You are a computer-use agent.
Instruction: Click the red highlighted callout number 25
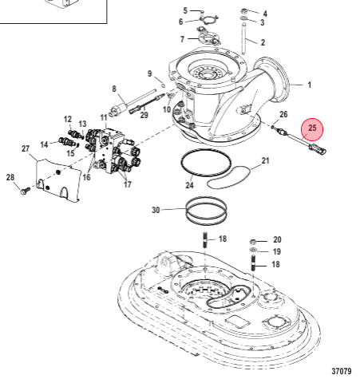pos(312,127)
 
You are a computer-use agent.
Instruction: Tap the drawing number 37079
pos(342,370)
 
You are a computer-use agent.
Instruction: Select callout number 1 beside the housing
pos(310,84)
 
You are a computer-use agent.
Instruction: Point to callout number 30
pos(156,211)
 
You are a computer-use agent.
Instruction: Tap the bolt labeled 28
pos(24,190)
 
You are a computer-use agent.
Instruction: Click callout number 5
pos(185,10)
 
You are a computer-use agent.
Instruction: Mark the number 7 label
pos(182,38)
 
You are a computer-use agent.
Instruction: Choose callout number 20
pos(277,239)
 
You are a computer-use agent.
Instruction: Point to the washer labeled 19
pos(254,251)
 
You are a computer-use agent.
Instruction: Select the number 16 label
pos(85,176)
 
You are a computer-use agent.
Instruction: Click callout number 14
pos(45,144)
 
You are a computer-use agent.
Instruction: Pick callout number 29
pos(144,115)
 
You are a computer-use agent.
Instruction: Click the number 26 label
pos(283,114)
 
